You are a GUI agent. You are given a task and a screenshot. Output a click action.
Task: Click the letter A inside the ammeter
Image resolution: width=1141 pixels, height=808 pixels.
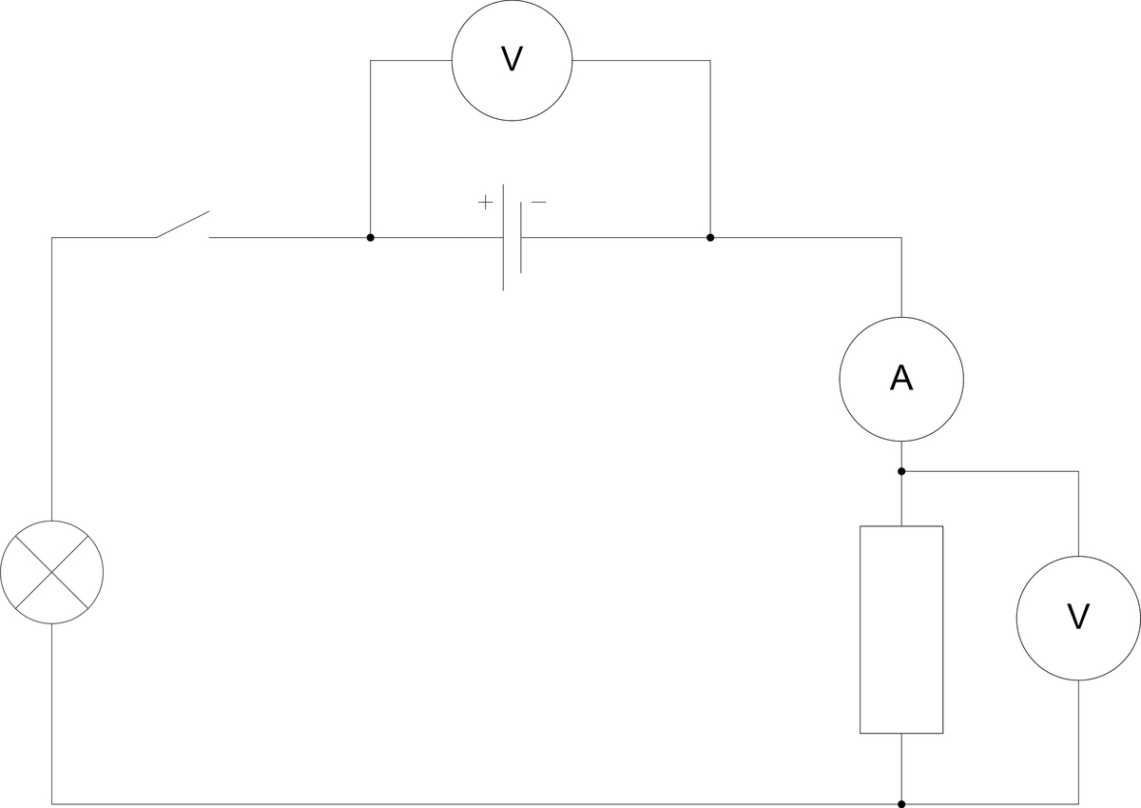(901, 379)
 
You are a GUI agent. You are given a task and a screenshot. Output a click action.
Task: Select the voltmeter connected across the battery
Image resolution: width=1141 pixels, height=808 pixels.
(512, 60)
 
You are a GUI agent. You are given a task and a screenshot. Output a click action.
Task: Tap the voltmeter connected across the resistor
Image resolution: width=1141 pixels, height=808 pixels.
(1078, 618)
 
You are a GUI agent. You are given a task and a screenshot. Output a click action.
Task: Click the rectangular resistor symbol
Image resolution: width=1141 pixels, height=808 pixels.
(901, 629)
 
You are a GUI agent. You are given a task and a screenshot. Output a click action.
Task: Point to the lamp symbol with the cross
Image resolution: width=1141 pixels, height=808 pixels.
(52, 572)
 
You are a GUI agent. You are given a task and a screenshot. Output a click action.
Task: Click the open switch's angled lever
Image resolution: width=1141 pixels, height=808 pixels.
(183, 225)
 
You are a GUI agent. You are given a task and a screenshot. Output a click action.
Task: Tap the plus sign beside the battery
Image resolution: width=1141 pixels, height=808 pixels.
(485, 202)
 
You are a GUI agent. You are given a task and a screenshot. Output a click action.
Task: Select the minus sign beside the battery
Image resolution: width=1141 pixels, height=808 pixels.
(538, 202)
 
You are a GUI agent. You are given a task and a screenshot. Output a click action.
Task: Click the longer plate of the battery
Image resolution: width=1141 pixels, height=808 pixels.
(503, 237)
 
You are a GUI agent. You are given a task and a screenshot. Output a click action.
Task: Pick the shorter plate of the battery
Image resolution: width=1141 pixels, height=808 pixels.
(521, 237)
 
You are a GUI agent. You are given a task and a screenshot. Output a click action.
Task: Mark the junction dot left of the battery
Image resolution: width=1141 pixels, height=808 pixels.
(370, 237)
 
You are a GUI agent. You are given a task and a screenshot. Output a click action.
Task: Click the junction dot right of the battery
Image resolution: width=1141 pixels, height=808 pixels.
(710, 237)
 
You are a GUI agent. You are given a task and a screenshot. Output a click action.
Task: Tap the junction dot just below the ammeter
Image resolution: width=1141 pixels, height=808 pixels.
(901, 471)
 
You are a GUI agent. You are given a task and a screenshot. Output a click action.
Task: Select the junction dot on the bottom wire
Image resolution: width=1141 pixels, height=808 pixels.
(901, 804)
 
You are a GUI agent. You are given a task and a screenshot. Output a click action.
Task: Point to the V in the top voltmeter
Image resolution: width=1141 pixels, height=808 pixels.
(512, 60)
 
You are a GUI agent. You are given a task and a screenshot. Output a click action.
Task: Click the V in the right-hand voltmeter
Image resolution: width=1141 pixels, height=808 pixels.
(1078, 618)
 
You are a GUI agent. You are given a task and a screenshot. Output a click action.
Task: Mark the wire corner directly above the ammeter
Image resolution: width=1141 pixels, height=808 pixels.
(901, 237)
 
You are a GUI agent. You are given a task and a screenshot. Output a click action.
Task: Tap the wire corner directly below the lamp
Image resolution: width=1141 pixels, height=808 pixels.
(52, 804)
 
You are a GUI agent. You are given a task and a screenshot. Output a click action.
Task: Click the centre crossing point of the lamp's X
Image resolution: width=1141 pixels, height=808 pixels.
(52, 572)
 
